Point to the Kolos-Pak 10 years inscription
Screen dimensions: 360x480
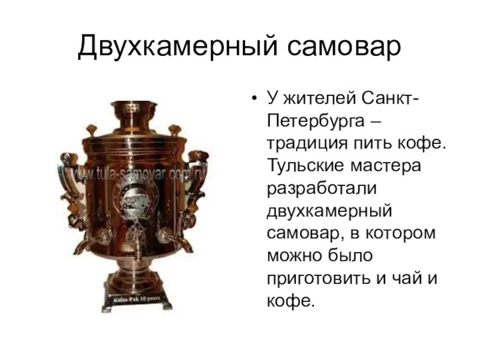click(133, 299)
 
